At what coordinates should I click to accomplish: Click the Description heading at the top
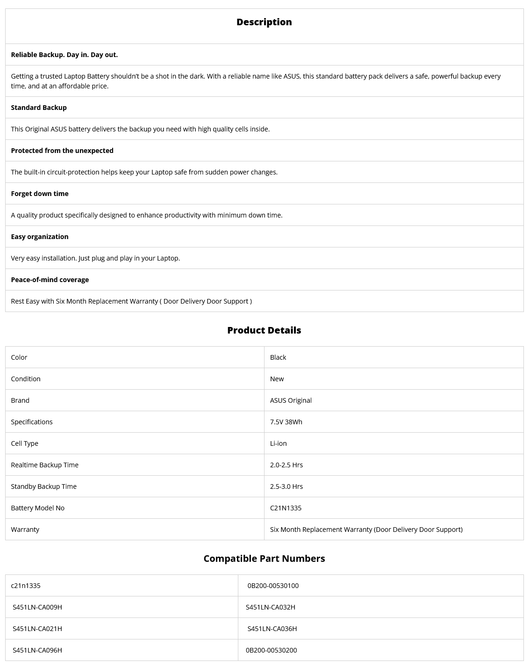coord(264,22)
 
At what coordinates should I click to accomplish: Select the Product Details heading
coord(264,330)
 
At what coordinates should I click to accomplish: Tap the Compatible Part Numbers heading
coord(264,559)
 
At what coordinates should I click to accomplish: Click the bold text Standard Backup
coord(39,108)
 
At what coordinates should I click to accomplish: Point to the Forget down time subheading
coord(40,194)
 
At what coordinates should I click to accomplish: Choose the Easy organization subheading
coord(40,237)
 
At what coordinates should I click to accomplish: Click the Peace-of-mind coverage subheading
coord(50,280)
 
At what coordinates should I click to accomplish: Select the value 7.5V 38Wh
coord(286,422)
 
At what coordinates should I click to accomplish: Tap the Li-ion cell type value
coord(279,443)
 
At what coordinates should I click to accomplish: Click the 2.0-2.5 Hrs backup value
coord(286,465)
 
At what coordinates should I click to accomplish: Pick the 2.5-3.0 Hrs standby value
coord(286,486)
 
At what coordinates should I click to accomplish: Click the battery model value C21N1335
coord(286,508)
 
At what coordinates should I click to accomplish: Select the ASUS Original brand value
coord(291,400)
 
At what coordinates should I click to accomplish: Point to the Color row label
coord(19,357)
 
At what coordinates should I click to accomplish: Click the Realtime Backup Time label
coord(45,465)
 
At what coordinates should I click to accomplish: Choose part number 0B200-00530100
coord(273,586)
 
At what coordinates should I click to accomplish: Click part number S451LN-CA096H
coord(37,650)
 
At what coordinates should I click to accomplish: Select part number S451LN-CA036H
coord(272,629)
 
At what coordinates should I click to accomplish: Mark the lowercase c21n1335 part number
coord(26,586)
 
